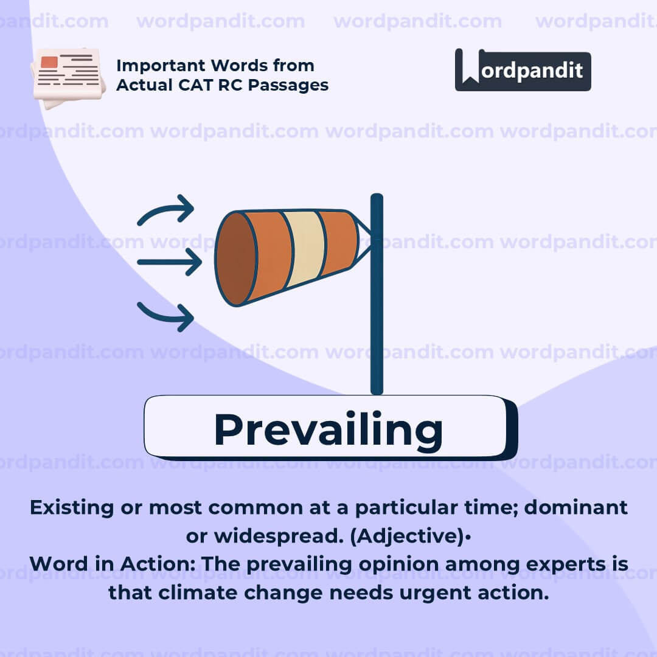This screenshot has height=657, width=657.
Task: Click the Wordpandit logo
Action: (x=523, y=70)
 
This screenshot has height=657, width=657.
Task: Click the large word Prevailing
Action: (x=328, y=429)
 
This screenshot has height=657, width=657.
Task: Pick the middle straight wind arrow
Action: (x=169, y=263)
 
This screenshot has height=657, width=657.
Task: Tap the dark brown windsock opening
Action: (x=235, y=259)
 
